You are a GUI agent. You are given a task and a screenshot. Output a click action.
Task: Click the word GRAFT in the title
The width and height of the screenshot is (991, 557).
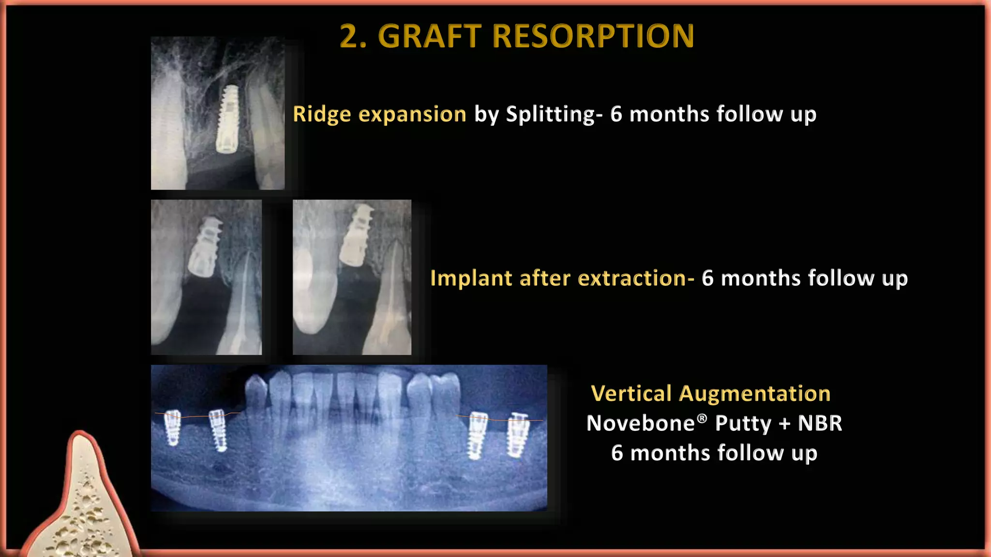430,36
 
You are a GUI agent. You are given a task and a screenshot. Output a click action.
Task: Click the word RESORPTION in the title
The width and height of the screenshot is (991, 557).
593,36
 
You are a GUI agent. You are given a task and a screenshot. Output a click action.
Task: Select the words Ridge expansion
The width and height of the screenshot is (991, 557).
379,114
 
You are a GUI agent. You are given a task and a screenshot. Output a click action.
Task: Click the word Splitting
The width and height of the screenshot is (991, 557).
550,114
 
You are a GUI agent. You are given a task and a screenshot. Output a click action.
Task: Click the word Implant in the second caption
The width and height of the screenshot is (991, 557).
471,278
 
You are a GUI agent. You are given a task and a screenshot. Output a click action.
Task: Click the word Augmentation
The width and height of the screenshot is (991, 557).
754,393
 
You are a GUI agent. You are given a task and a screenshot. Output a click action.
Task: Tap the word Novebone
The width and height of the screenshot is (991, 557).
640,423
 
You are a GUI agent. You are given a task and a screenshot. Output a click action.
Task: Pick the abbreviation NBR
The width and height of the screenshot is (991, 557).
820,423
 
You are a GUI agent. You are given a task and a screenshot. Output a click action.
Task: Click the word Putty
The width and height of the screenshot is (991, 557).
743,424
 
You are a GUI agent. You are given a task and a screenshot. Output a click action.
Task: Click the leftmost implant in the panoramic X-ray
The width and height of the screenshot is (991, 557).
172,427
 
